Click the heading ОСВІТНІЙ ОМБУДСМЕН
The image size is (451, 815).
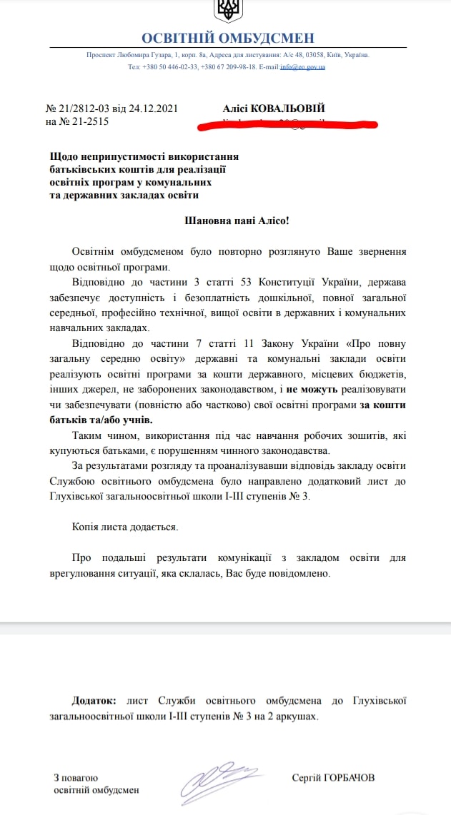227,39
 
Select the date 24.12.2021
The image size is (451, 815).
153,109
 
